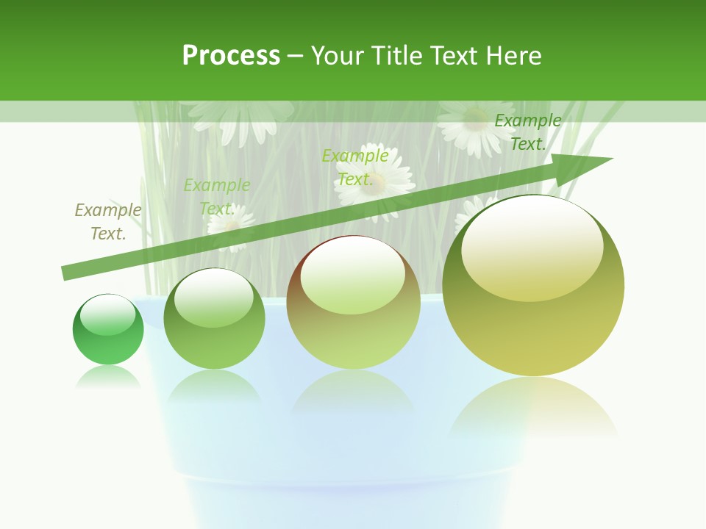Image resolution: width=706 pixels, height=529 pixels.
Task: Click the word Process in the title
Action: coord(231,56)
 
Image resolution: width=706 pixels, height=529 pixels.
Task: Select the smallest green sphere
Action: coord(108,329)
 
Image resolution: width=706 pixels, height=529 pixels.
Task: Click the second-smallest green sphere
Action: coord(214,319)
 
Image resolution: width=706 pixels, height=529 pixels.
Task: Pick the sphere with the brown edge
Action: coord(353,303)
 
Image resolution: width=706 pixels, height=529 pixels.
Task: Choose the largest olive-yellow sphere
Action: coord(533,287)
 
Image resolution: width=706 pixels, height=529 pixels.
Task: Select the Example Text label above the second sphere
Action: coord(217,197)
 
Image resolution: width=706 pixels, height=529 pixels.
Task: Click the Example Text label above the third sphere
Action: coord(355,168)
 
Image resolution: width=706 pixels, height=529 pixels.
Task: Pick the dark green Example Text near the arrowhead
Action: coord(527,132)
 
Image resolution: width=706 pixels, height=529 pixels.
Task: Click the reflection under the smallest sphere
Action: coord(108,378)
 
